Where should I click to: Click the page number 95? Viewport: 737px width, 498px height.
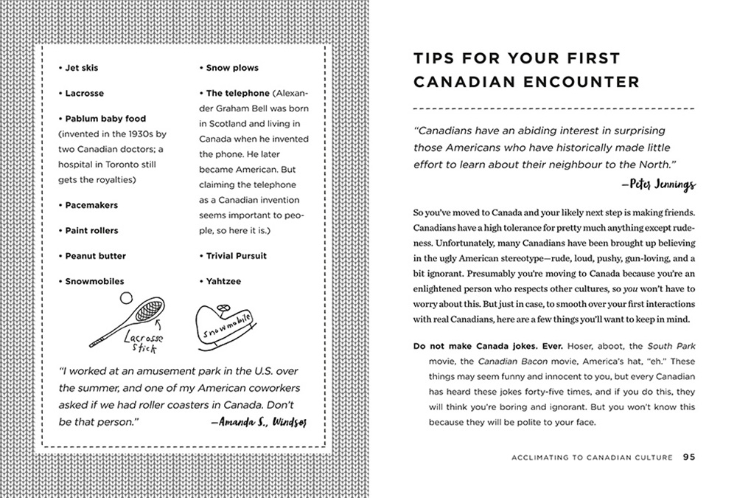tap(688, 457)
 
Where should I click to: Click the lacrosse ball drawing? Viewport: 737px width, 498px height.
tap(125, 297)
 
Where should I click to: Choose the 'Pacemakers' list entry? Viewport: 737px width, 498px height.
tap(91, 205)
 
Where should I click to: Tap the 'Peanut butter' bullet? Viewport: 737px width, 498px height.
tap(95, 256)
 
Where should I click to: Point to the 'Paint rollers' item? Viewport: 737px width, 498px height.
tap(91, 230)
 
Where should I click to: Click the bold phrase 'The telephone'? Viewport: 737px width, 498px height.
tap(237, 94)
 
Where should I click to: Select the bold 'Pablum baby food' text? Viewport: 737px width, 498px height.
tap(105, 119)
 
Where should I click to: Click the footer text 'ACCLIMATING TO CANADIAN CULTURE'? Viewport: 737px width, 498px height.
tap(592, 457)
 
